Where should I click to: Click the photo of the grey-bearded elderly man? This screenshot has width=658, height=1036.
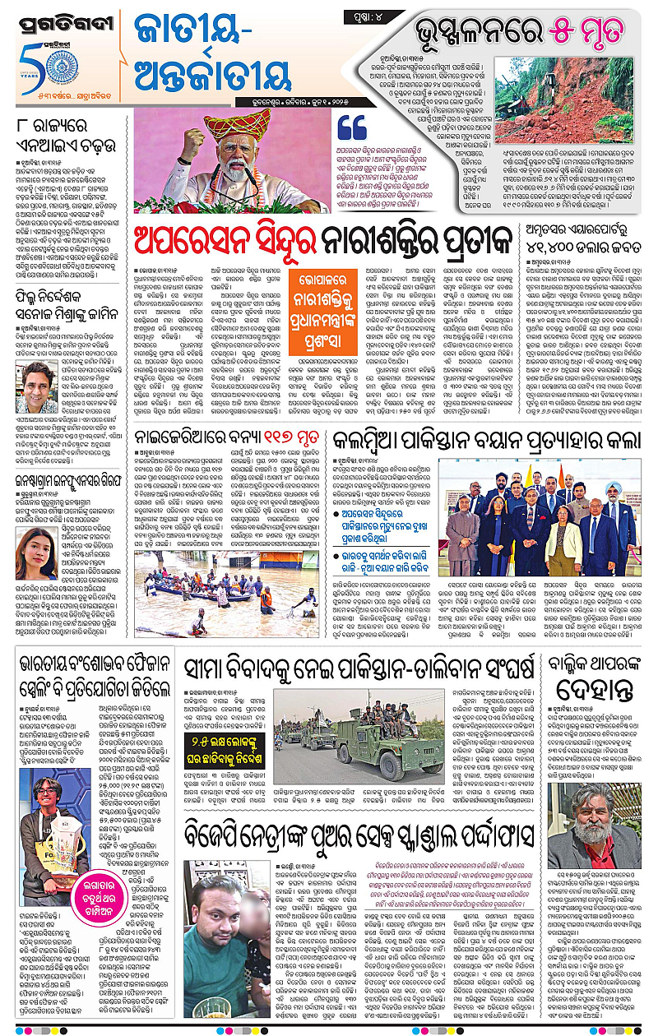point(592,821)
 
